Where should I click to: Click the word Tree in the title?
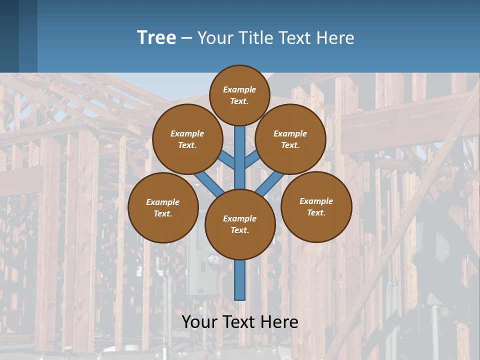pos(156,38)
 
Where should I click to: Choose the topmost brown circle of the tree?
pos(239,95)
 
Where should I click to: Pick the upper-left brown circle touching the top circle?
pos(187,139)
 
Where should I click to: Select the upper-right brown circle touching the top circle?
pos(290,139)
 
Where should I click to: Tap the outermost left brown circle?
pos(163,207)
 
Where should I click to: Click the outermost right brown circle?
pos(316,206)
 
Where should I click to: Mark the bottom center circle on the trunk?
pos(240,224)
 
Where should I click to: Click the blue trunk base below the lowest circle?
pos(240,280)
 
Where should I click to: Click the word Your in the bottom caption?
pos(199,321)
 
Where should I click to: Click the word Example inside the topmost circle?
pos(239,89)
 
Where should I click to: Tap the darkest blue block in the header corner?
pos(9,35)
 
